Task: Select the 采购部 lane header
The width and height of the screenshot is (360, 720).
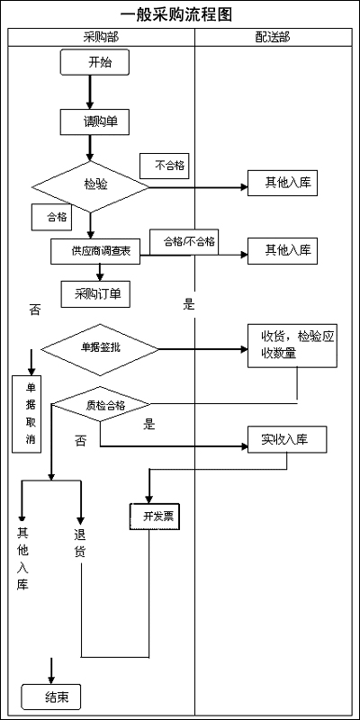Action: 101,37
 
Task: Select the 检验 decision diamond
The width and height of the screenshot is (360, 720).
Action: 90,186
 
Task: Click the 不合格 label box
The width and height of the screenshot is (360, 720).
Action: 165,166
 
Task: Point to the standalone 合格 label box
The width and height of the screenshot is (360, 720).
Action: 57,216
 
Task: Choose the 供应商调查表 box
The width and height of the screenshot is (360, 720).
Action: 94,251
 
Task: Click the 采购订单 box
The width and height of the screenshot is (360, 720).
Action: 96,292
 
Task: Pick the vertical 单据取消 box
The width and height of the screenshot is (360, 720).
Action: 30,413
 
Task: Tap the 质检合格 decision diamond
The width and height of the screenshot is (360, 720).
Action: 101,405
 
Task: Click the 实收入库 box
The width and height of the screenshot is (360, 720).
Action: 287,440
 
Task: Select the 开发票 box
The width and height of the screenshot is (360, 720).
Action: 158,516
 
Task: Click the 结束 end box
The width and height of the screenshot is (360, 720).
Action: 50,697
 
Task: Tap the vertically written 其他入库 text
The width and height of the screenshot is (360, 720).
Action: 22,558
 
